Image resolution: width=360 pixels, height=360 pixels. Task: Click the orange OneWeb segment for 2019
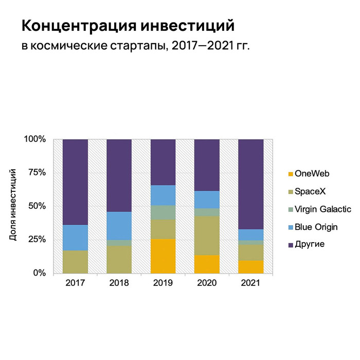click(x=163, y=256)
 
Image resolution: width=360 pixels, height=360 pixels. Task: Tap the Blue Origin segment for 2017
click(x=75, y=238)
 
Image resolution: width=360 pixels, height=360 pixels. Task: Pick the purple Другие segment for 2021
click(x=250, y=184)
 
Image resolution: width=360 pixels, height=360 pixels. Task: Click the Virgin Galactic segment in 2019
click(x=163, y=212)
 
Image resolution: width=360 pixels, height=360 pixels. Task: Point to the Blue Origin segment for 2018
click(x=119, y=226)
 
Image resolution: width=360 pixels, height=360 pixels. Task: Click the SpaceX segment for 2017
click(x=75, y=261)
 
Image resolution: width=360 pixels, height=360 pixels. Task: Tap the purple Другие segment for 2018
click(x=119, y=175)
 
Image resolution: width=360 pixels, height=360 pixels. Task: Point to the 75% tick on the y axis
click(x=35, y=173)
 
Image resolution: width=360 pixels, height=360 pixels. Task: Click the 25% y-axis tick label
click(x=35, y=240)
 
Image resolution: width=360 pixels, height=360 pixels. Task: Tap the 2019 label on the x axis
click(x=163, y=283)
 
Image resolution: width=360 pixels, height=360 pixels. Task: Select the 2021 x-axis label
click(x=250, y=283)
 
